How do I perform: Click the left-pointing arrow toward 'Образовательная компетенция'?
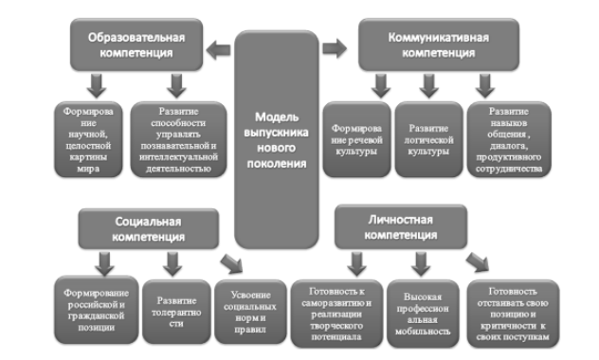pyautogui.click(x=221, y=46)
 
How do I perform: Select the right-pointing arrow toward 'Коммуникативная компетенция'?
pyautogui.click(x=331, y=46)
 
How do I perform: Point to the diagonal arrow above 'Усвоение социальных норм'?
pyautogui.click(x=229, y=262)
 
